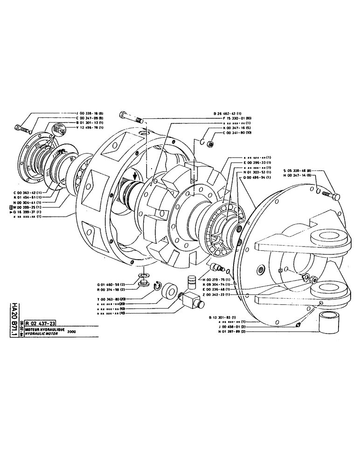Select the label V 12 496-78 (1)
[91, 127]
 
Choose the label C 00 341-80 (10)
[238, 133]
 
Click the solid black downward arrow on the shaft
[135, 177]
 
